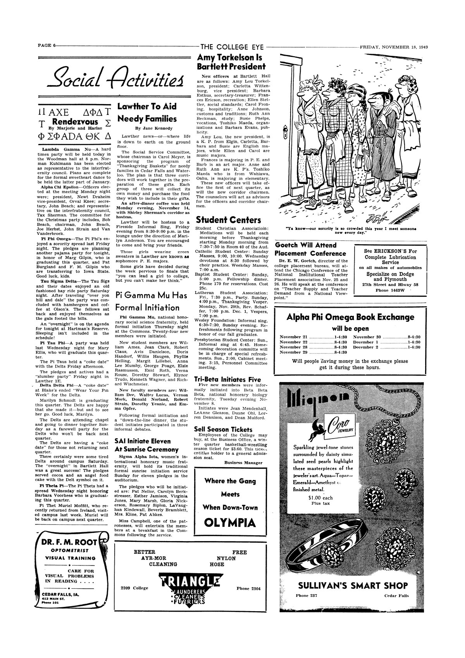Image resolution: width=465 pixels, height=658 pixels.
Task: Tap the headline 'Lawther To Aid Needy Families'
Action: (x=147, y=113)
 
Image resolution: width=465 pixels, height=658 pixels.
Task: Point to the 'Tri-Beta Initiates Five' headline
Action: (x=227, y=380)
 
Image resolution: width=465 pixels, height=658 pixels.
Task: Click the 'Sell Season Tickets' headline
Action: (x=223, y=429)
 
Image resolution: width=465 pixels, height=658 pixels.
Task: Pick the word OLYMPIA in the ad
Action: (x=230, y=523)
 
